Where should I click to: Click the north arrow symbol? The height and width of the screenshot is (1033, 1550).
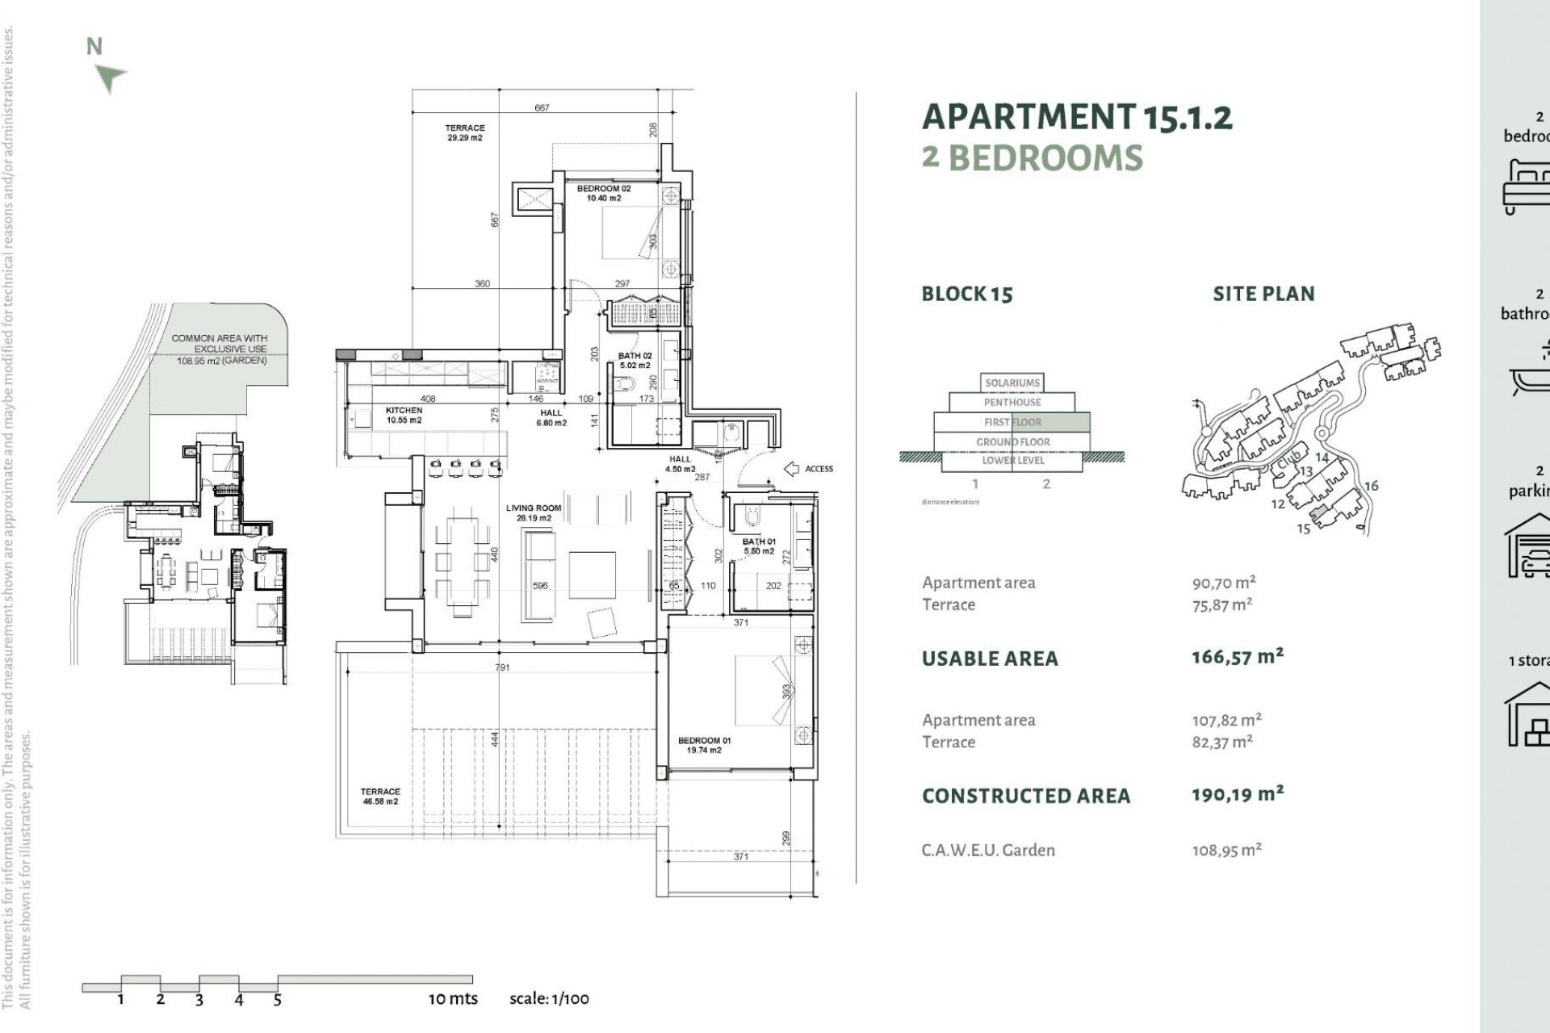point(110,77)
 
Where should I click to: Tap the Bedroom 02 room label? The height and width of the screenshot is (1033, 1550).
point(604,193)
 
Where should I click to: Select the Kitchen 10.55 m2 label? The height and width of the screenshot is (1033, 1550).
point(404,415)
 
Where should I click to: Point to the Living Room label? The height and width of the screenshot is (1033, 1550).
point(533,512)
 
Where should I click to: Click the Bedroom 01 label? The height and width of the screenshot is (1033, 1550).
point(704,745)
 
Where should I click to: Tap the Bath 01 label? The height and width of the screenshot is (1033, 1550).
point(759,546)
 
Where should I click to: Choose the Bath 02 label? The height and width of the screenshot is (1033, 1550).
point(635,360)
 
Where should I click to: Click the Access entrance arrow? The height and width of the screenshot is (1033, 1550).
point(792,469)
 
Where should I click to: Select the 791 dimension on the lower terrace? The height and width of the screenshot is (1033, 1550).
point(502,667)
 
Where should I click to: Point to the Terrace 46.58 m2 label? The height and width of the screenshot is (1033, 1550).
point(379,797)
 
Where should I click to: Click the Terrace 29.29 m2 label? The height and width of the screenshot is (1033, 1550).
point(465,132)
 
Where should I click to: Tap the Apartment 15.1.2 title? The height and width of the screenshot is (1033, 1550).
point(1077,117)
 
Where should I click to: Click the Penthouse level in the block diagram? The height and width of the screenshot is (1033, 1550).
point(1012,402)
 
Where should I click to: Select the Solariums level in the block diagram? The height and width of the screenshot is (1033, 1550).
point(1012,383)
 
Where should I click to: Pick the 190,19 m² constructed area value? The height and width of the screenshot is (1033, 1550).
point(1237,794)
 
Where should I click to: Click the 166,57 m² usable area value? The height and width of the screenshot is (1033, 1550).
point(1237,657)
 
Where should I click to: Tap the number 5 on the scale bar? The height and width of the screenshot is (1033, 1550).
point(277,1000)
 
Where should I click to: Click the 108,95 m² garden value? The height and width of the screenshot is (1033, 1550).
point(1226,850)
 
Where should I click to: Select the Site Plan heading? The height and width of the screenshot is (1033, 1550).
point(1263,294)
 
